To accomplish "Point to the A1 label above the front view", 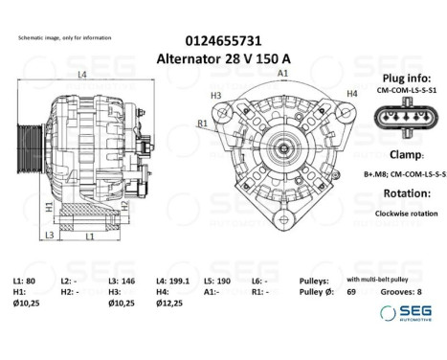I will pos(283,74).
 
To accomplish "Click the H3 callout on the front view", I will pos(216,95).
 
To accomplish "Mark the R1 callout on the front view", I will pos(203,124).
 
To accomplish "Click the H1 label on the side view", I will pos(49,206).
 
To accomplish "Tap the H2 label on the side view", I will pos(123,204).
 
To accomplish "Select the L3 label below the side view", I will pos(49,235).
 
